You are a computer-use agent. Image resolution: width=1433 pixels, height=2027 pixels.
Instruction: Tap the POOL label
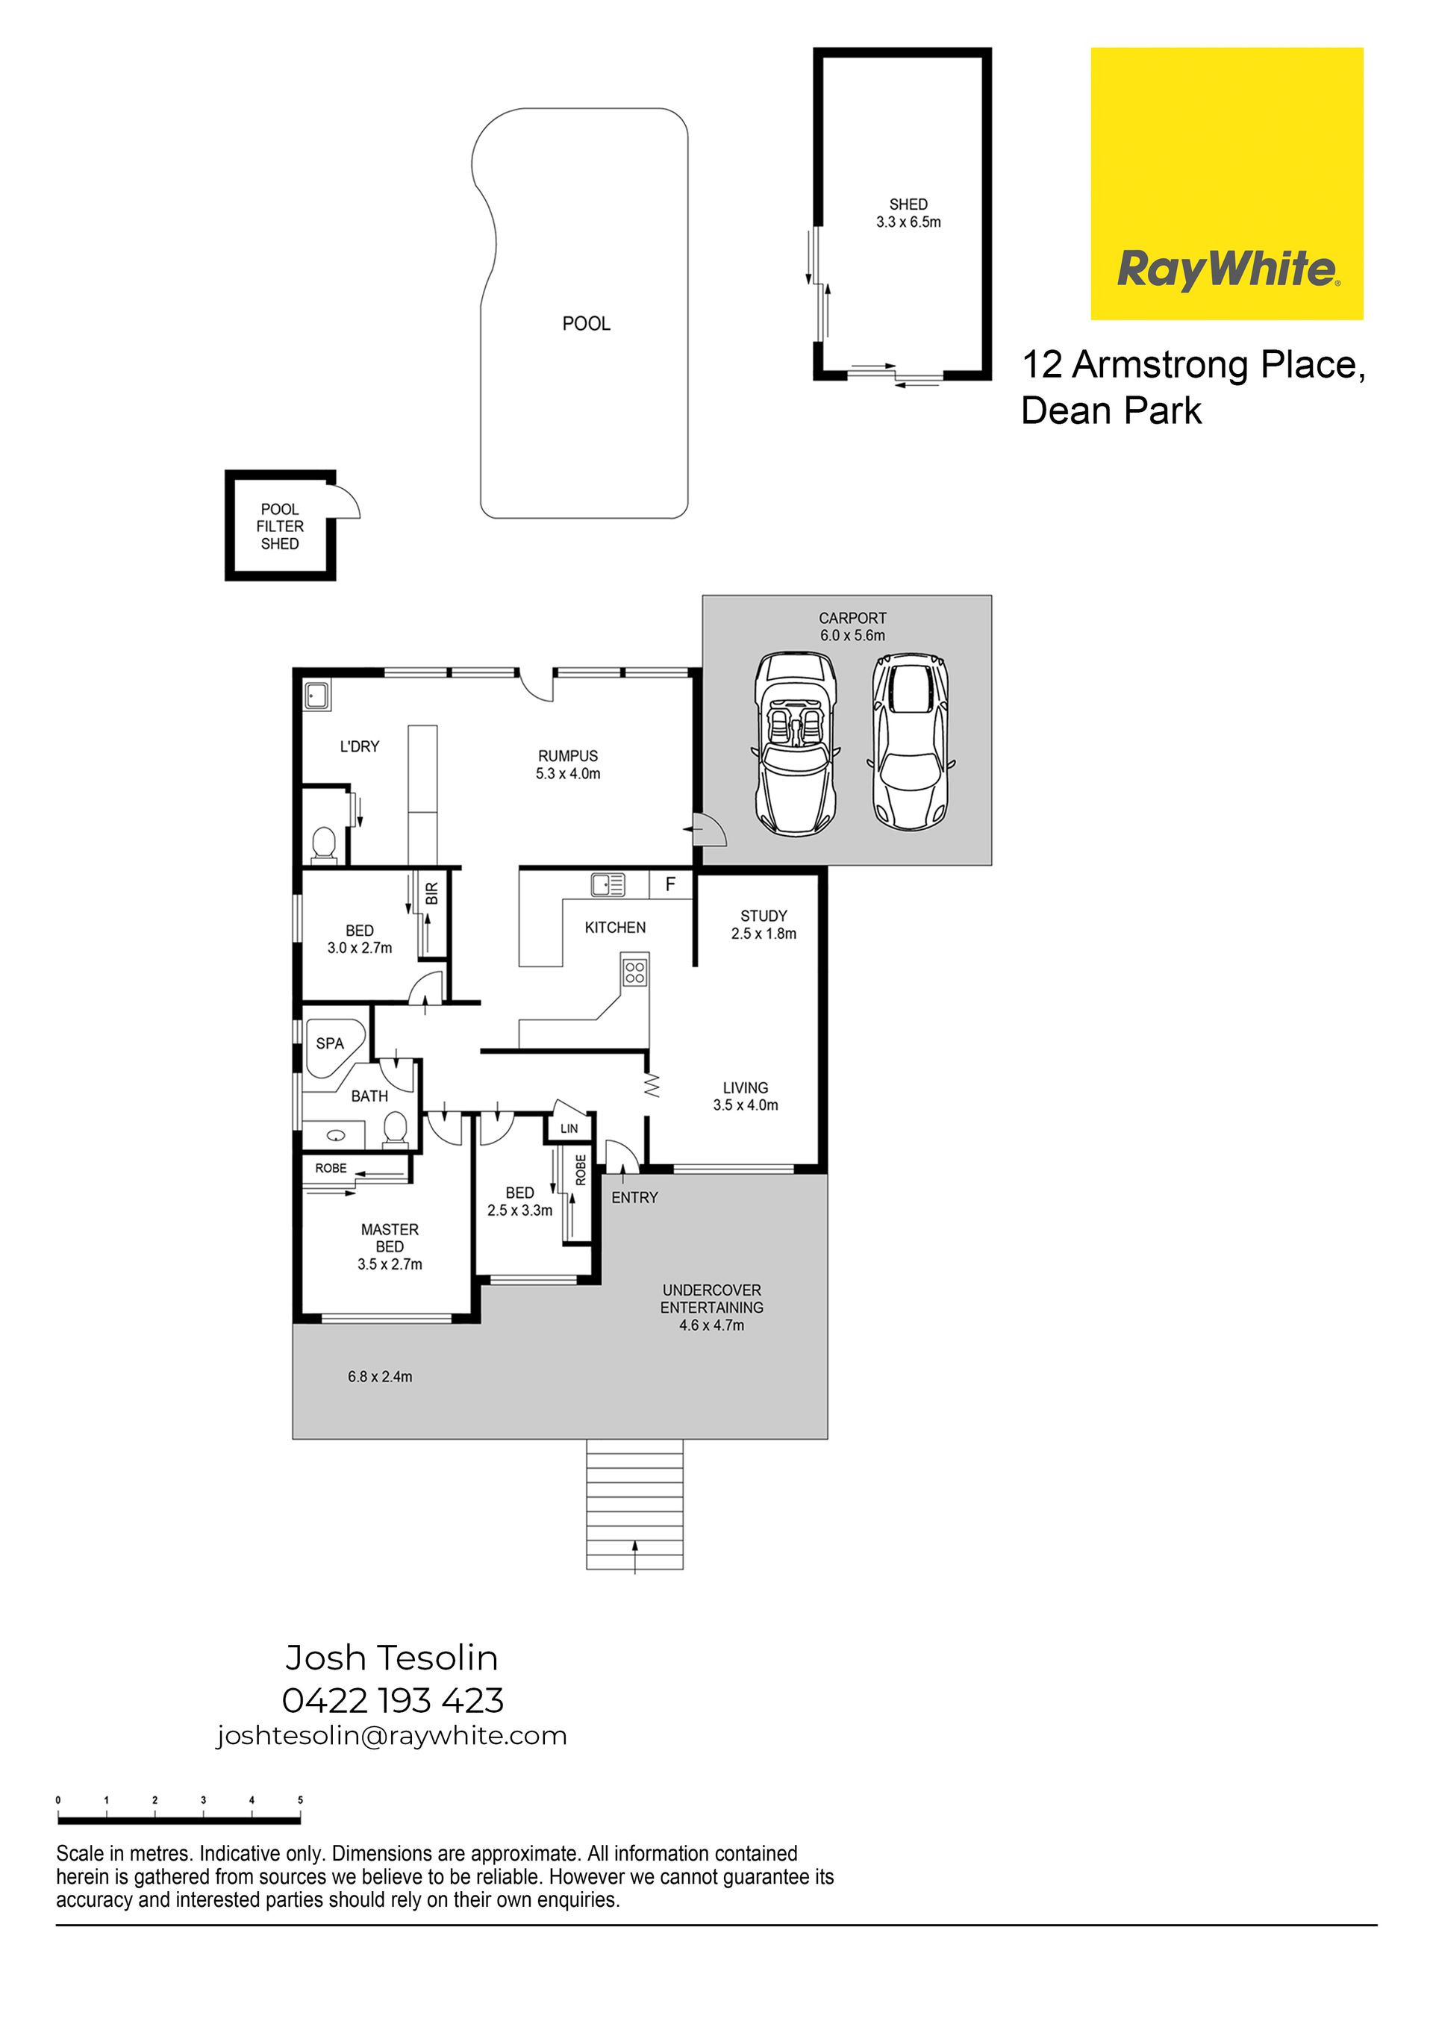point(587,324)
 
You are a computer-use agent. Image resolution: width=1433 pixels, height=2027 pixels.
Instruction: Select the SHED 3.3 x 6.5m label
point(908,213)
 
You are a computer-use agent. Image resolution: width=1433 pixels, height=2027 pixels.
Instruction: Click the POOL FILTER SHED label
point(280,526)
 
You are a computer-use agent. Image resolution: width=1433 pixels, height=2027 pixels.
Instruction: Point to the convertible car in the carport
point(796,743)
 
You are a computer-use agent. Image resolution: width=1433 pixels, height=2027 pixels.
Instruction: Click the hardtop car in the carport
point(911,740)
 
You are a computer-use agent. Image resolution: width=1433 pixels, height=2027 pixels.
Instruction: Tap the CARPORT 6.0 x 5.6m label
point(852,627)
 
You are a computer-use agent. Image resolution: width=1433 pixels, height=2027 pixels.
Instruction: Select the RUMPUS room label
point(568,764)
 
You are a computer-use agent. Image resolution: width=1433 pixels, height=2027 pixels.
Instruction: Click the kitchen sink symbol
point(608,884)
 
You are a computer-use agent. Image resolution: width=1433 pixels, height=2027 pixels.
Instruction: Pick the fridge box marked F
point(671,884)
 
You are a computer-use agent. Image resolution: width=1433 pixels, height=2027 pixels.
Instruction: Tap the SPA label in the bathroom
point(329,1043)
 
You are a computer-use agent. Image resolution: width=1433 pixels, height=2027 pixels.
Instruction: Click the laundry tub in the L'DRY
point(317,696)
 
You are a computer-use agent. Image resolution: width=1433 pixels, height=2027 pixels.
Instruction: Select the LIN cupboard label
point(569,1128)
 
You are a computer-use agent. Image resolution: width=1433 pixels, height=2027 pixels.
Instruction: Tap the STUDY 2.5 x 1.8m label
point(764,925)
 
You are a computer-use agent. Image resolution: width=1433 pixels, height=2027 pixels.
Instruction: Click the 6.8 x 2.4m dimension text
point(380,1376)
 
